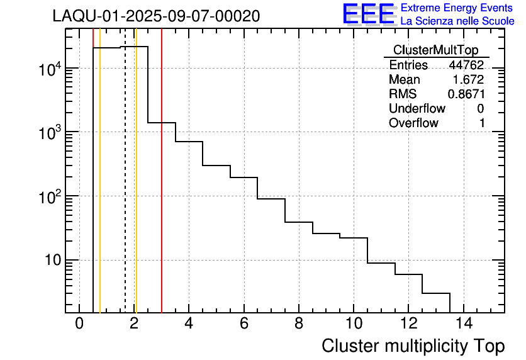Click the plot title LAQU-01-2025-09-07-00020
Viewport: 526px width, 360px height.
(156, 16)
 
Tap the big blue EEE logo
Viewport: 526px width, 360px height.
(369, 14)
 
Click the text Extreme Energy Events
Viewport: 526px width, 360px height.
(457, 8)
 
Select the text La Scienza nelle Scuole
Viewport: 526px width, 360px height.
(457, 21)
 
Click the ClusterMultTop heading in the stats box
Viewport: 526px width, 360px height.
(435, 50)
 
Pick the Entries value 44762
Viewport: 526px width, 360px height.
(466, 65)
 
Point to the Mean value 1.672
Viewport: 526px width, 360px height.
(469, 80)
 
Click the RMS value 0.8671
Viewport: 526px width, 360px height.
(466, 94)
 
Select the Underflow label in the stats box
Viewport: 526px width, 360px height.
(417, 109)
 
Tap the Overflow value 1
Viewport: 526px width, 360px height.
(482, 123)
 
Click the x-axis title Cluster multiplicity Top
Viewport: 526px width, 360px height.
(413, 346)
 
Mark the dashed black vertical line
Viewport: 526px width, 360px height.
(125, 189)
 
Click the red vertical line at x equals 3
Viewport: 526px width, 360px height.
(162, 189)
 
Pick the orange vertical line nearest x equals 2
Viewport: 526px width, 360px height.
(136, 189)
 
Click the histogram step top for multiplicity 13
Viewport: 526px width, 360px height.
(436, 293)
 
